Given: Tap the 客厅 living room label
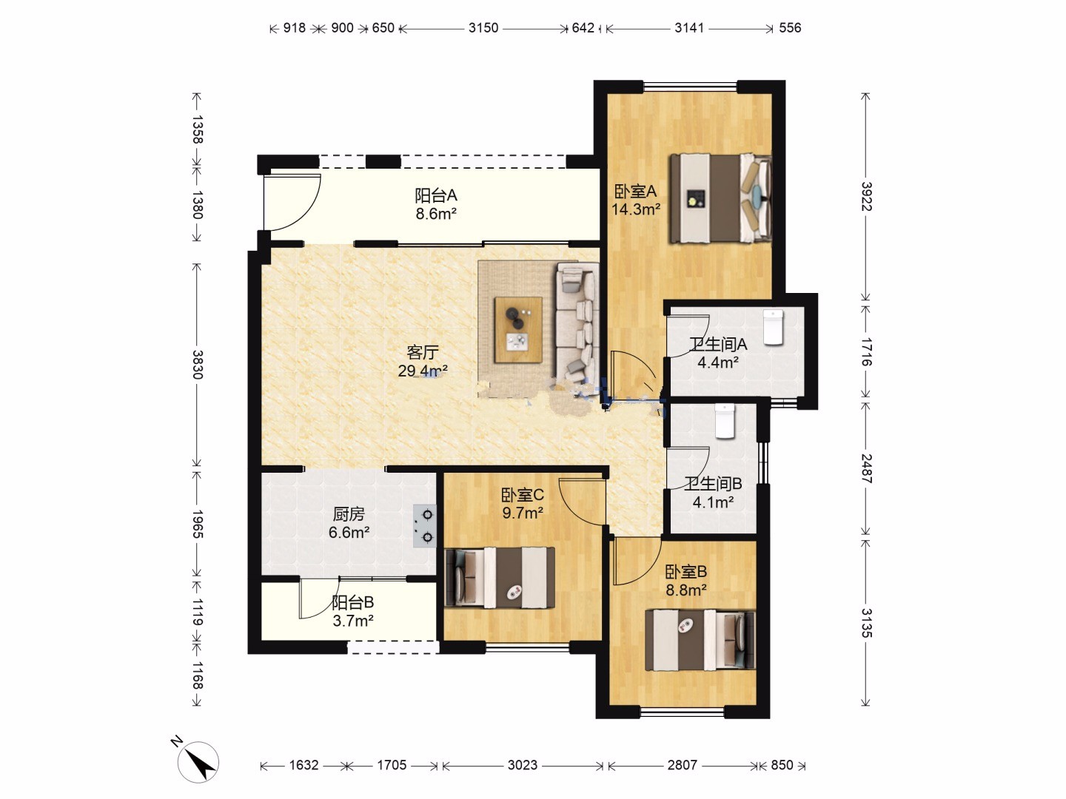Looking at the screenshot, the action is click(423, 351).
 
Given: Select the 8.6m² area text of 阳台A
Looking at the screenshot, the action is click(435, 214).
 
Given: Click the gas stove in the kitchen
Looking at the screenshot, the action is click(424, 526).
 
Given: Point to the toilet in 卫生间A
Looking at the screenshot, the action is click(773, 328).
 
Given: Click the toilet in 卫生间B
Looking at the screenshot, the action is click(725, 421).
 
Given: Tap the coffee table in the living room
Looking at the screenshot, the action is click(518, 330).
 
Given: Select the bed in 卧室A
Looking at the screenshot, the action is click(720, 198).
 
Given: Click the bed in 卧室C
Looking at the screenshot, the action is click(500, 577).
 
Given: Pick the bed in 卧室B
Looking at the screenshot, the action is click(700, 641).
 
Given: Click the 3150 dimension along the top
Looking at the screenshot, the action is click(483, 28).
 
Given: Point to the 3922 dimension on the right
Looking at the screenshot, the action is click(866, 197).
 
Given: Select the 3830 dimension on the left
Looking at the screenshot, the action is click(197, 364).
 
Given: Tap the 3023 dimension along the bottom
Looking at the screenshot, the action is click(523, 765).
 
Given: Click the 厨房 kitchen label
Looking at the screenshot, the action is click(348, 513).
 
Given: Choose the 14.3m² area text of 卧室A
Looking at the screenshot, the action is click(636, 209).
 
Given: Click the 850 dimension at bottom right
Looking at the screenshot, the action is click(782, 765).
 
